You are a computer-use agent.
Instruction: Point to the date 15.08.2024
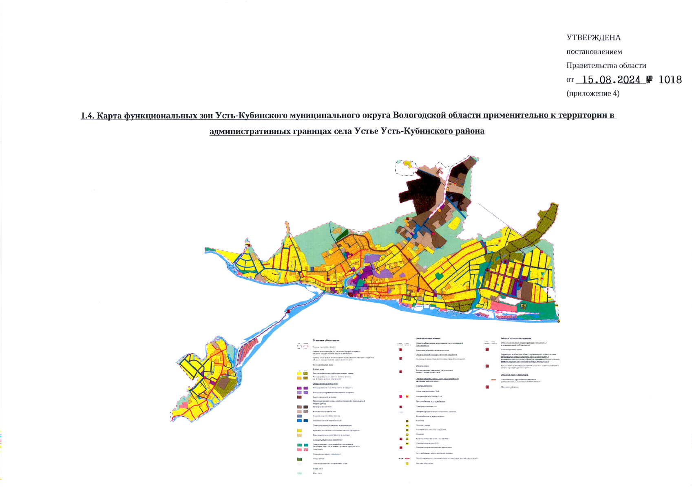[611, 80]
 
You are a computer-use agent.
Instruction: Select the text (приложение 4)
[593, 94]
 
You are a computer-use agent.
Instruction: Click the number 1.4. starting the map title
[87, 116]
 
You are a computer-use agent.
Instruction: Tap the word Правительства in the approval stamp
[606, 66]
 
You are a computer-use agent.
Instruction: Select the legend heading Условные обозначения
[326, 340]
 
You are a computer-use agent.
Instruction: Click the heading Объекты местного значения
[428, 339]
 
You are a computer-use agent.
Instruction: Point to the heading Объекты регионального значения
[516, 339]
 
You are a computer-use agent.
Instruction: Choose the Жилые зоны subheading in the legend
[318, 369]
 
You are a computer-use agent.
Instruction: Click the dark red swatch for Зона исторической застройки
[299, 397]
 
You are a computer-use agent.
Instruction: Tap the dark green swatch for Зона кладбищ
[299, 459]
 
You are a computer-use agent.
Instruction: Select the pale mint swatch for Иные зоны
[299, 474]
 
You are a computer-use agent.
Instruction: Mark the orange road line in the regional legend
[493, 380]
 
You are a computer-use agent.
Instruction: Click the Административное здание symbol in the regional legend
[487, 350]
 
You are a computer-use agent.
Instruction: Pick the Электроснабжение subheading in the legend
[424, 385]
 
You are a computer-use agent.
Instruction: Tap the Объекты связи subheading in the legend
[422, 366]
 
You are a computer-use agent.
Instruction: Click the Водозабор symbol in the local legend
[407, 421]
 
